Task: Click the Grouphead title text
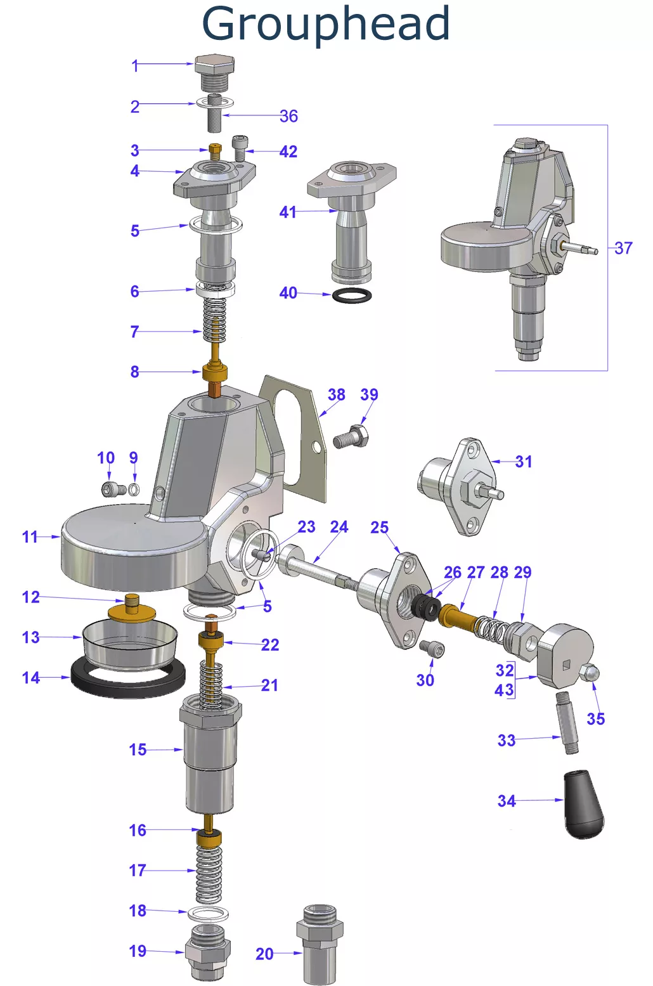coord(326,24)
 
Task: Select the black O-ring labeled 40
coord(352,295)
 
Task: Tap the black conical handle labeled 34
coord(583,803)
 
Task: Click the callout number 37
coord(623,248)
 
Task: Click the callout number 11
coord(30,536)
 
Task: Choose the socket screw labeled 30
coord(432,649)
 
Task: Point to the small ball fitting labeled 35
coord(589,673)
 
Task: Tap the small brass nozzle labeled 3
coord(215,152)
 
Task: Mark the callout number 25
coord(379,527)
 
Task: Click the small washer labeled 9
coord(134,489)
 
